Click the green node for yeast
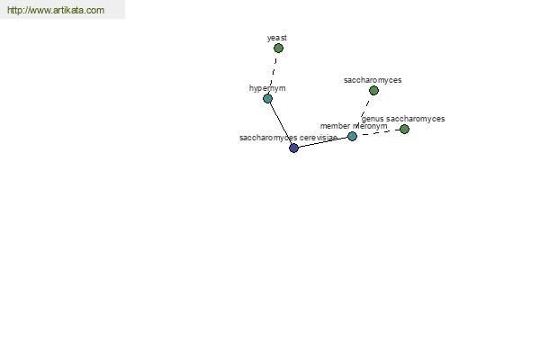pyautogui.click(x=278, y=49)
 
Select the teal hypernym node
pyautogui.click(x=267, y=99)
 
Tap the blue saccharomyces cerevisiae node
pyautogui.click(x=293, y=148)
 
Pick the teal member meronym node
pyautogui.click(x=352, y=137)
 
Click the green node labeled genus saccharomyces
pyautogui.click(x=404, y=130)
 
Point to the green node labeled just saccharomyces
pyautogui.click(x=373, y=91)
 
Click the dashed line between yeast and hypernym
pyautogui.click(x=273, y=74)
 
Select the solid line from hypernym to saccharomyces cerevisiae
pyautogui.click(x=281, y=123)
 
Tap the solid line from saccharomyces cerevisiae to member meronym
pyautogui.click(x=323, y=142)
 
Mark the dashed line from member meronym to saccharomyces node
pyautogui.click(x=363, y=113)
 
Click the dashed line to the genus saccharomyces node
pyautogui.click(x=378, y=133)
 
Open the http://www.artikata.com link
pyautogui.click(x=56, y=10)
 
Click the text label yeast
pyautogui.click(x=277, y=38)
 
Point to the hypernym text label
pyautogui.click(x=267, y=88)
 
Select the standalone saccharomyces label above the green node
pyautogui.click(x=373, y=80)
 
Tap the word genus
pyautogui.click(x=373, y=119)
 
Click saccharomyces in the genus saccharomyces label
pyautogui.click(x=415, y=119)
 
